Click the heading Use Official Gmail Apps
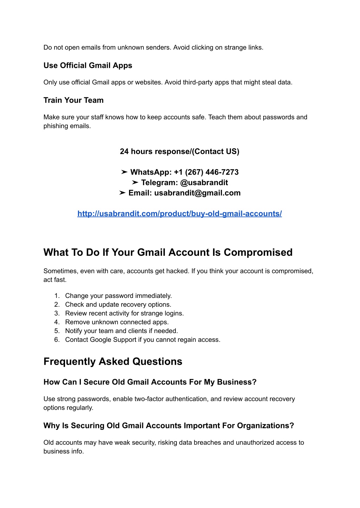88,66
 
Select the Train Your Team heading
73,100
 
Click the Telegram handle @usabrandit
204,183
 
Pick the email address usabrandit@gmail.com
197,193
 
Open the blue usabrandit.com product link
179,214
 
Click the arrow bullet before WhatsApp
124,172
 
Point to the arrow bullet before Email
122,193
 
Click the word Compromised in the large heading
258,253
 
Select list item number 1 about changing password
118,296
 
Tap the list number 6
57,340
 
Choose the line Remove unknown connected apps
117,322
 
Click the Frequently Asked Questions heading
113,362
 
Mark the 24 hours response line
179,152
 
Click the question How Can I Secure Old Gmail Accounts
150,382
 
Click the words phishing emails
67,126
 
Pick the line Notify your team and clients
121,331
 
